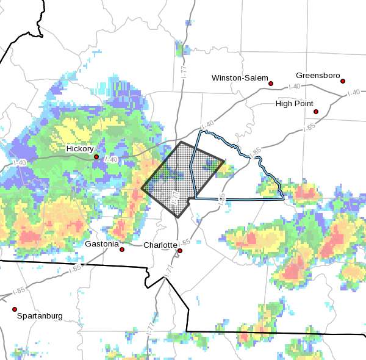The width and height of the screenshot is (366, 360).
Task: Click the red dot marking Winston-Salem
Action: pos(271,84)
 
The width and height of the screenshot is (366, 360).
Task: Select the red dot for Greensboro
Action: pos(343,81)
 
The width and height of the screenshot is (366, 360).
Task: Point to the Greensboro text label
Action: pos(317,75)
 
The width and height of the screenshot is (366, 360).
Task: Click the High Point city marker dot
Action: pos(316,112)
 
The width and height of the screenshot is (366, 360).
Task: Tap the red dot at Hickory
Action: pos(96,157)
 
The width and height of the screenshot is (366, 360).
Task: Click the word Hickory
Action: pos(80,148)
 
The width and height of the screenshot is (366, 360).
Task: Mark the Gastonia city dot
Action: pos(122,250)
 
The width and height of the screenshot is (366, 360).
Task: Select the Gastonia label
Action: pos(101,244)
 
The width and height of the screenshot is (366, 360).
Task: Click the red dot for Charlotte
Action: pos(180,250)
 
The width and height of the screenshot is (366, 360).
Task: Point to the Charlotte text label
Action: pos(160,245)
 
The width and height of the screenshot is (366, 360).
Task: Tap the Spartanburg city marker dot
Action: pos(15,309)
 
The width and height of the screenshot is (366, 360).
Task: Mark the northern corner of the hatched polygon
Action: pos(181,142)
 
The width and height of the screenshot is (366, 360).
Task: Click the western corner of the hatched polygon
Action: pos(142,189)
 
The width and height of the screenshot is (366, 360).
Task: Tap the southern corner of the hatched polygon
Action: pos(178,217)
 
